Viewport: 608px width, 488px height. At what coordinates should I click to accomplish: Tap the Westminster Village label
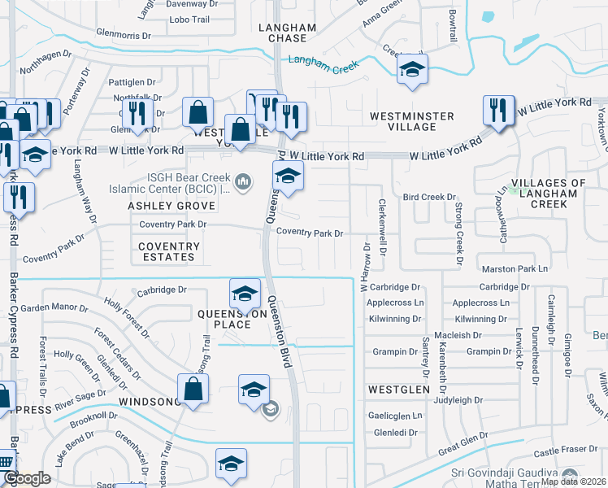pos(411,122)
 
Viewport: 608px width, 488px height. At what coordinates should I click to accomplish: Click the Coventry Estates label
pos(167,251)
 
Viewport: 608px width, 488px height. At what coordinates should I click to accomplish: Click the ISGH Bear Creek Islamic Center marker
pos(242,180)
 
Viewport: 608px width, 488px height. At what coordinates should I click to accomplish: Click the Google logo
pos(27,479)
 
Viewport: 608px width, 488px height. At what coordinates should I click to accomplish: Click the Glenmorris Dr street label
pos(124,36)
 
